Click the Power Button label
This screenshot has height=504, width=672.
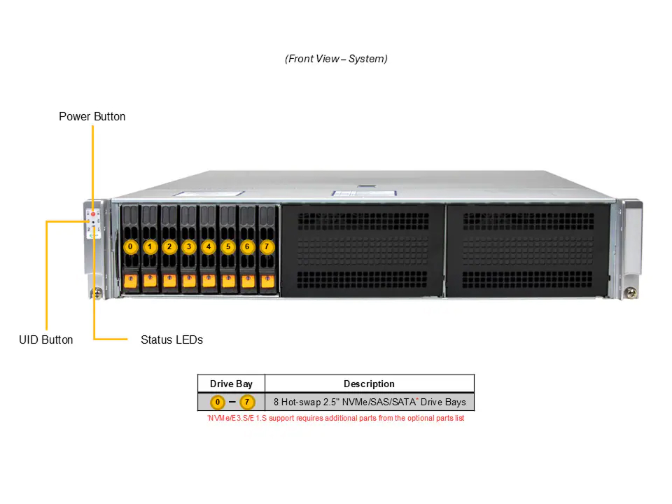coord(92,117)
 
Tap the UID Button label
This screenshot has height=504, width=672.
coord(46,340)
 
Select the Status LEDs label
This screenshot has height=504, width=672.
coord(172,340)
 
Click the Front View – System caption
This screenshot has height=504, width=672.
coord(337,59)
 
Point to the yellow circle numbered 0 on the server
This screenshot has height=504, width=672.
coord(130,247)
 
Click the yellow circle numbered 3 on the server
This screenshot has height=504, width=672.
coord(189,247)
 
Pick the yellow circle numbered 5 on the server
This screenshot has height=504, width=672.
coord(228,247)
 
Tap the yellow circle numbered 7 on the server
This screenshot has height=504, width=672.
coord(267,247)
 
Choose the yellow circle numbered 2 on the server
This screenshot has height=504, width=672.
coord(169,247)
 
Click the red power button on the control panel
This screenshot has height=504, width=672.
coord(93,214)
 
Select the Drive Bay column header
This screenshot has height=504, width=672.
coord(231,384)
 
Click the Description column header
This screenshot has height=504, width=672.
coord(369,384)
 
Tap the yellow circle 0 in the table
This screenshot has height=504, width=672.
coord(218,402)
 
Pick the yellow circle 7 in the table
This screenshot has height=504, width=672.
coord(247,402)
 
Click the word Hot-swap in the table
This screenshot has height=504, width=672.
coord(301,402)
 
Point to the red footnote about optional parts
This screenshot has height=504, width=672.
coord(335,418)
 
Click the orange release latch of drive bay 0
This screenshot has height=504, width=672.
coord(131,281)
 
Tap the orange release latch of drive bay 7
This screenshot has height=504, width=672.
coord(268,281)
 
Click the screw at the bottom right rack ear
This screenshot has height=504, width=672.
coord(631,293)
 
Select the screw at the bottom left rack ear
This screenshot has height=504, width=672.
coord(97,294)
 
